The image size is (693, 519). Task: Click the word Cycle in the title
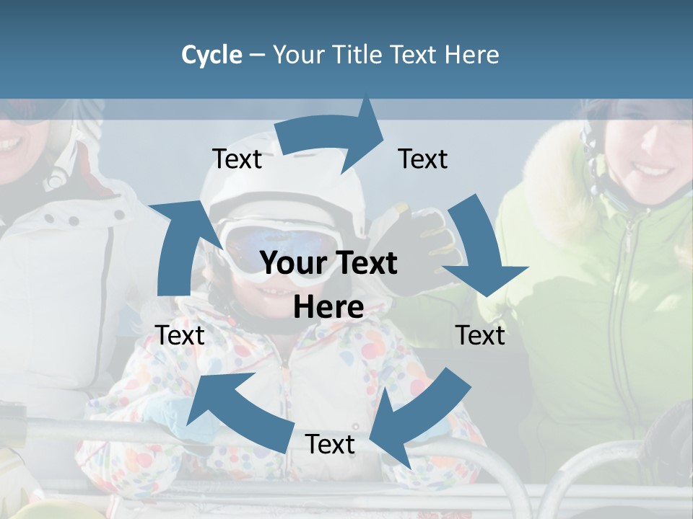pyautogui.click(x=212, y=55)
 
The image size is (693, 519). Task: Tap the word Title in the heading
pyautogui.click(x=358, y=55)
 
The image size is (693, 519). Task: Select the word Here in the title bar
pyautogui.click(x=472, y=55)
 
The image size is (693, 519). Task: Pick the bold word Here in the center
pyautogui.click(x=328, y=308)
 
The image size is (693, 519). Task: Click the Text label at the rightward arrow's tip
pyautogui.click(x=423, y=159)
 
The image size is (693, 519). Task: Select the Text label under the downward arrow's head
pyautogui.click(x=480, y=335)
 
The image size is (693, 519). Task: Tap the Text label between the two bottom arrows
pyautogui.click(x=330, y=444)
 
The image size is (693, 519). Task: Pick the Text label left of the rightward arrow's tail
pyautogui.click(x=237, y=159)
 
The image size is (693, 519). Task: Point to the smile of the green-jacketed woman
pyautogui.click(x=653, y=171)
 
